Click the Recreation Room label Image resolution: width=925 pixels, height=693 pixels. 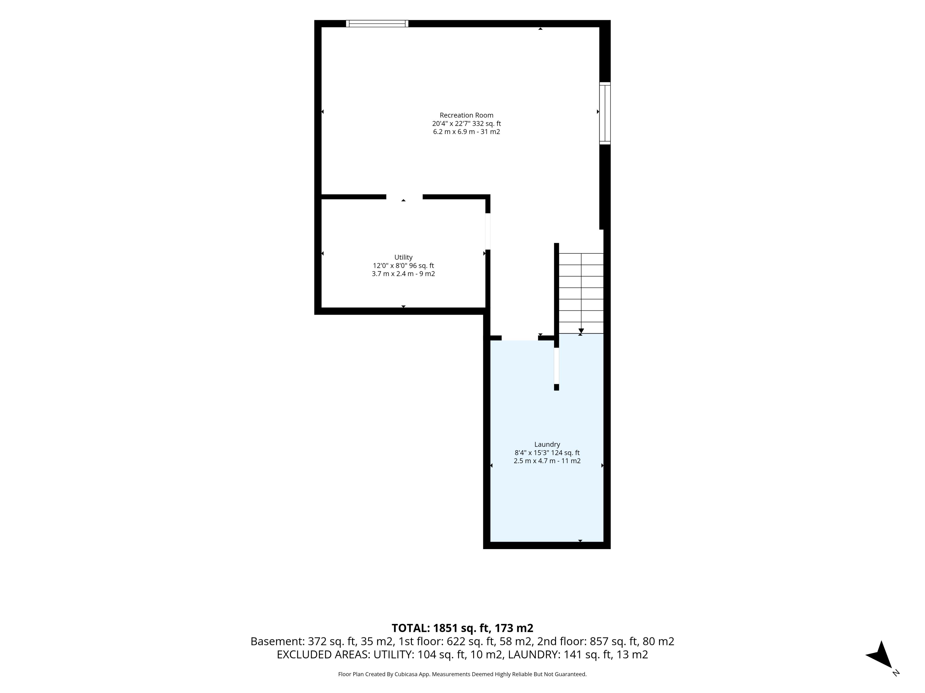tap(466, 115)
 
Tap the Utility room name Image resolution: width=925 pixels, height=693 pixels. tap(403, 257)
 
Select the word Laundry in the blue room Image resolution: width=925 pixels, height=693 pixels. tap(547, 444)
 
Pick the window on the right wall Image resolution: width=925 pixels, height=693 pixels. tap(605, 113)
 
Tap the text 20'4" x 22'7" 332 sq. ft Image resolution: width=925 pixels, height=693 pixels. tap(466, 124)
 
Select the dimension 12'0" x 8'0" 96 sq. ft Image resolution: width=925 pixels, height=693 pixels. tap(403, 266)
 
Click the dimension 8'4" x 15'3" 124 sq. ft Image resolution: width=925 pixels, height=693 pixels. tap(547, 453)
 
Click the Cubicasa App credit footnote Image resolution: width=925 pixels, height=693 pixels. tap(462, 674)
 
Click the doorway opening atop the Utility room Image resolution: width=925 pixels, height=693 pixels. tap(404, 197)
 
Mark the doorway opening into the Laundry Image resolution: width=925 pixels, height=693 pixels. tap(520, 338)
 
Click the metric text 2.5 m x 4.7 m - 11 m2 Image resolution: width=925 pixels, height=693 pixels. tap(547, 461)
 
